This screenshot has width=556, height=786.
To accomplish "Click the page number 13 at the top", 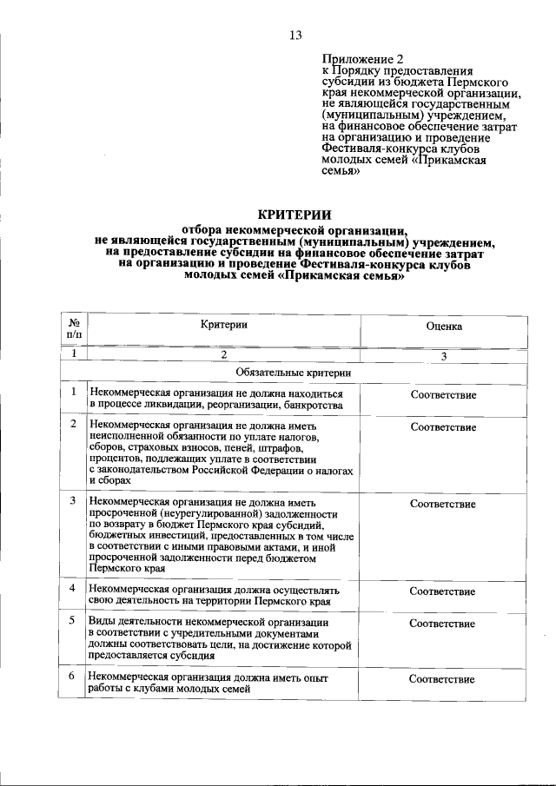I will pos(295,36).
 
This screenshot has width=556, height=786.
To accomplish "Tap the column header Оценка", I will pos(443,327).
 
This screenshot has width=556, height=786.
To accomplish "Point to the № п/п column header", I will pos(74,327).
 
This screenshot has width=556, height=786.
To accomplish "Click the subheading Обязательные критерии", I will pos(294,373).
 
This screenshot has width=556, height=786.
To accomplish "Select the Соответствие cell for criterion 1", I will pos(443,395).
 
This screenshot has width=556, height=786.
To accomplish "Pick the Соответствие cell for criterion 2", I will pos(443,427).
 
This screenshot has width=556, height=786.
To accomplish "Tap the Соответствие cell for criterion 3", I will pos(443,504).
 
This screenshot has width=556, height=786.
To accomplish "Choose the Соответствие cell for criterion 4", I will pos(443,591).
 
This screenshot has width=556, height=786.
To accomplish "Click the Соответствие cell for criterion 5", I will pos(443,624).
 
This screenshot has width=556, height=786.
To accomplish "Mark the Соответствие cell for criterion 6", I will pos(443,677).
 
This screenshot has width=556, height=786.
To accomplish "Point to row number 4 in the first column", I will pos(74,591).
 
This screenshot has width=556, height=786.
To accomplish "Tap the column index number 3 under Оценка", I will pos(443,354).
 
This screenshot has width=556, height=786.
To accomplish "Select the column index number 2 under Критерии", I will pos(224,354).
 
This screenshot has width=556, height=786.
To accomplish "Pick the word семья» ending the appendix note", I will pos(341,172).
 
